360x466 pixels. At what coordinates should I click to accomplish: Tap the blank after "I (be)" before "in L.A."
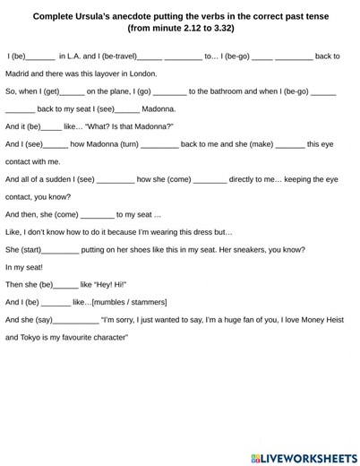[x=42, y=56]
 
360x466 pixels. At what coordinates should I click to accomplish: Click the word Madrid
[x=20, y=73]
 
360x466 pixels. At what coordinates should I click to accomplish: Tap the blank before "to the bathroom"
[x=170, y=91]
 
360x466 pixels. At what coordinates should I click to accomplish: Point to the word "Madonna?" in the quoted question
[x=154, y=126]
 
